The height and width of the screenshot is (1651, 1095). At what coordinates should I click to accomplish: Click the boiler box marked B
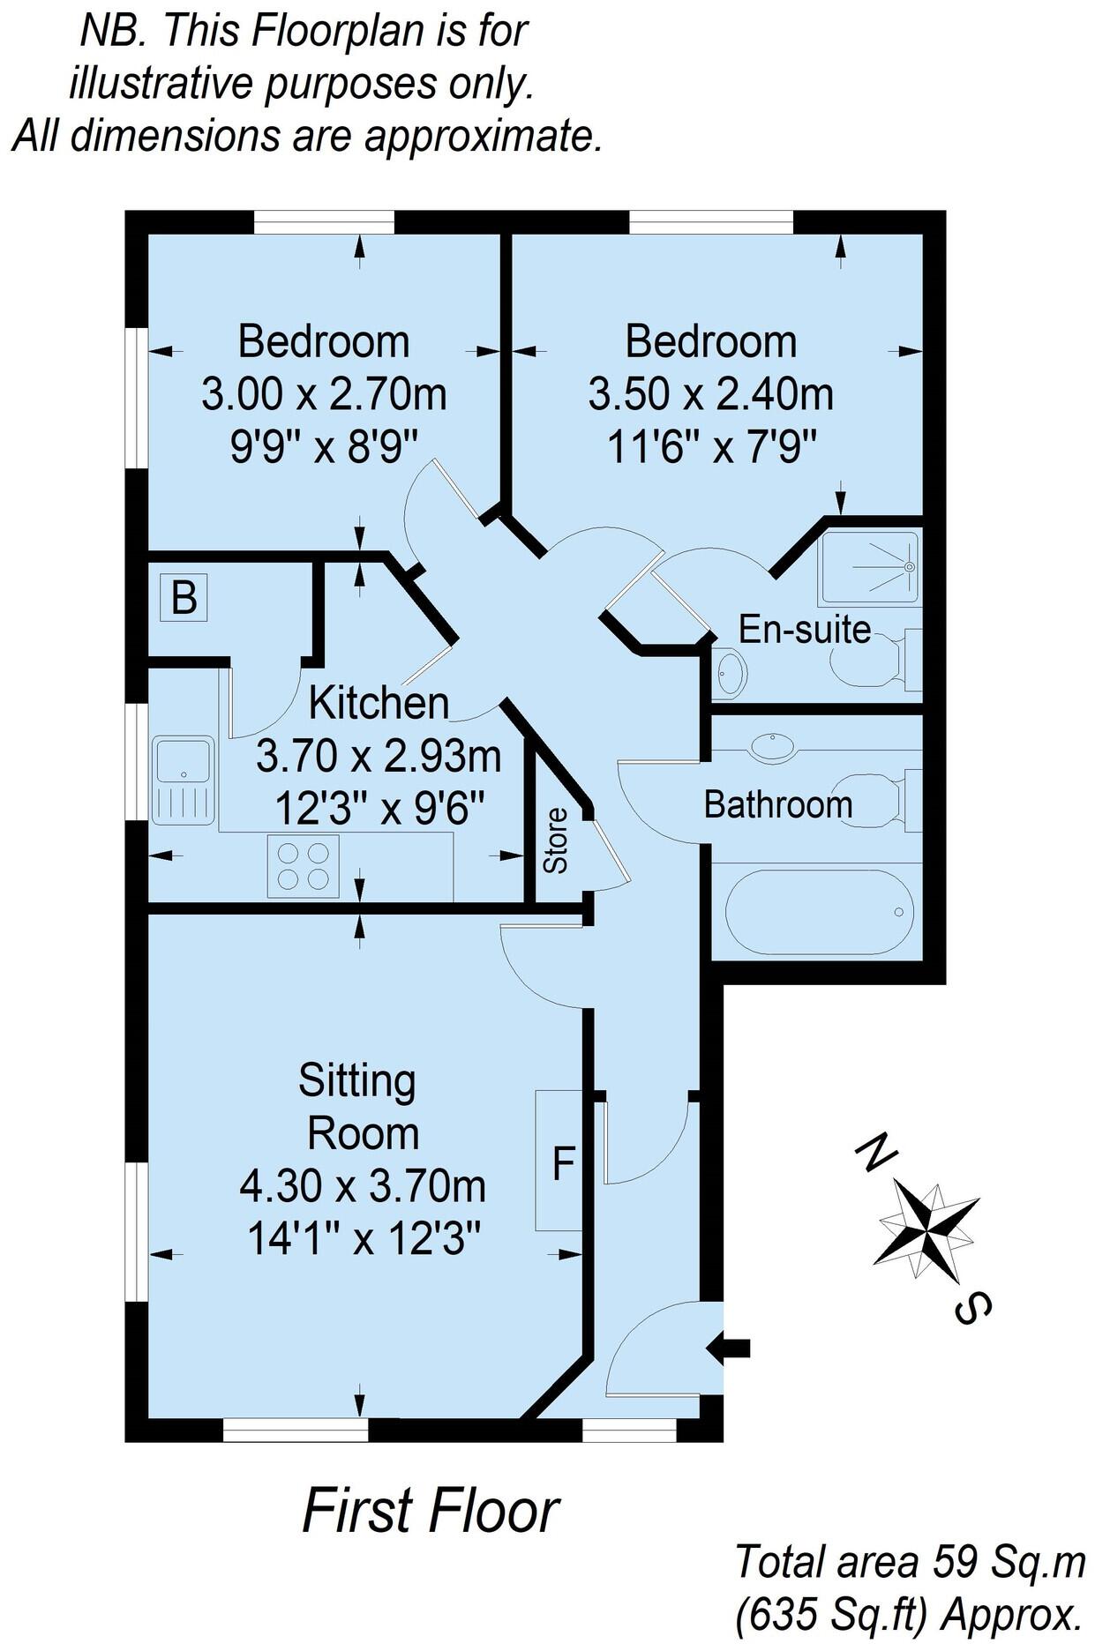pos(184,597)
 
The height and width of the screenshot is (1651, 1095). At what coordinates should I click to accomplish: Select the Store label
pos(556,840)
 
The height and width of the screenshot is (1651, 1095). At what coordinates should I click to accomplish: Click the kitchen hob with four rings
pos(303,866)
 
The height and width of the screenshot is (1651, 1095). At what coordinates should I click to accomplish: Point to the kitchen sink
pos(184,780)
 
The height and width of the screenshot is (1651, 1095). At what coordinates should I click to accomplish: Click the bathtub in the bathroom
pos(818,912)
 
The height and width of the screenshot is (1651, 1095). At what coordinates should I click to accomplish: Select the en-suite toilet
pos(874,660)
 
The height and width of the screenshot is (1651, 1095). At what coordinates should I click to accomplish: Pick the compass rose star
pos(928,1229)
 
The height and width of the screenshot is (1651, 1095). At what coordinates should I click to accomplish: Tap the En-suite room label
pos(804,630)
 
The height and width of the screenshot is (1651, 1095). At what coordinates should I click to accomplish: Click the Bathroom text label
pos(777,804)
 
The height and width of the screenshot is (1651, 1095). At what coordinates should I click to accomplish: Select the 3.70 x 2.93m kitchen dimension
pos(379,757)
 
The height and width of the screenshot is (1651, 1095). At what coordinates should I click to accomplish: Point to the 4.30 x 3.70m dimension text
pos(363,1186)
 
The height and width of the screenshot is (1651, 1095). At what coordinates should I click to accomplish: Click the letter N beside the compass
pos(875,1154)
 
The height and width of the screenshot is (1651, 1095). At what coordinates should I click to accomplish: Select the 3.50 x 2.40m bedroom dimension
pos(710,394)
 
